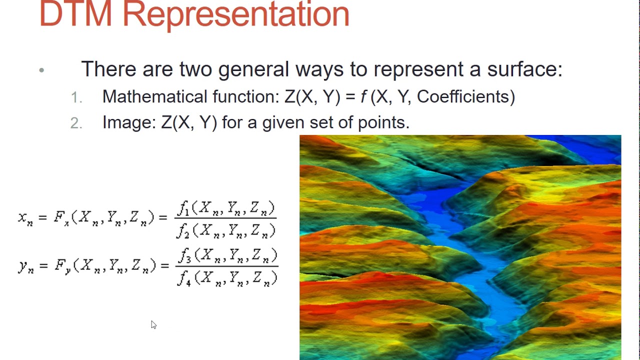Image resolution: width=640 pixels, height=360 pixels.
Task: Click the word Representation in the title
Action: pos(235,14)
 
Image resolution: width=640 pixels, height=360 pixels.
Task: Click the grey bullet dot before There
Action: pos(41,70)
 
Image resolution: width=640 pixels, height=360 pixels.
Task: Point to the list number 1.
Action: pos(76,97)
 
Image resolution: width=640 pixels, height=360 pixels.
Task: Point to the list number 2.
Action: pos(76,123)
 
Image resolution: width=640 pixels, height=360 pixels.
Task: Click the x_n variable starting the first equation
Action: pos(25,218)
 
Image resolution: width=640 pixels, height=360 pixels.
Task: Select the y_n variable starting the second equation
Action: pos(25,266)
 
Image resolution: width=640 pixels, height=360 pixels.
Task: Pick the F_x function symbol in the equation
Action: pos(60,218)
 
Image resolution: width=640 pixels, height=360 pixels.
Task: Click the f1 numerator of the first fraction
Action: pos(183,207)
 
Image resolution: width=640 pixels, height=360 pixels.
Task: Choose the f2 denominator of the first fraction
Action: pos(183,230)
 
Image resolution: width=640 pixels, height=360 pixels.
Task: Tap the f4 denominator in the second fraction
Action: pos(183,277)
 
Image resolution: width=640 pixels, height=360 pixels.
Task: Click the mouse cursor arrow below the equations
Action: pos(153,324)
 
